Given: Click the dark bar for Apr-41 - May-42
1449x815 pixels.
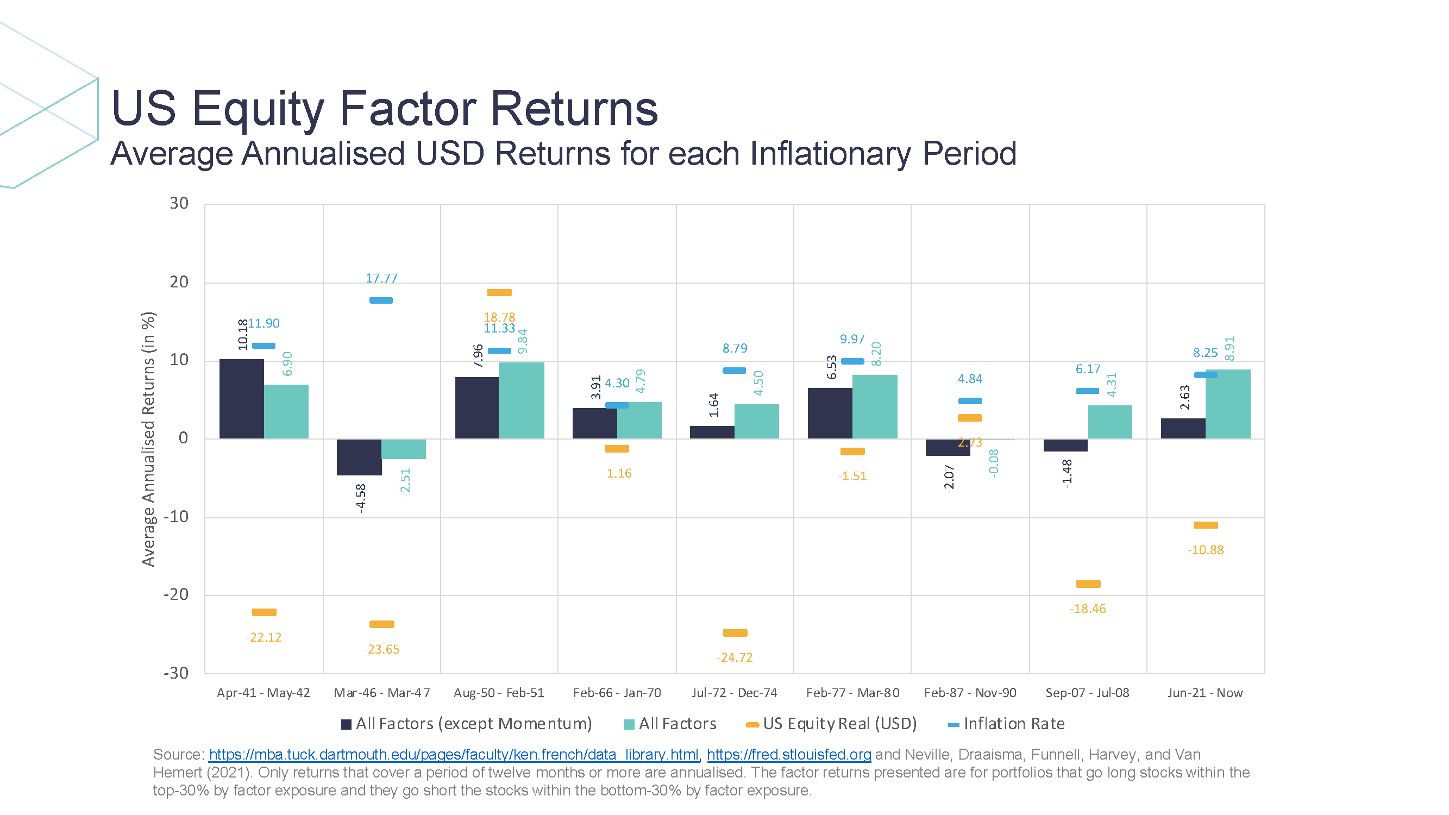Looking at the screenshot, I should pos(241,399).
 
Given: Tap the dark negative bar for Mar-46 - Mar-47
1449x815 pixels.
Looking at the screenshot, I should pos(359,457).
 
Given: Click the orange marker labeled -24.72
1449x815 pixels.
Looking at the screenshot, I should pos(735,633).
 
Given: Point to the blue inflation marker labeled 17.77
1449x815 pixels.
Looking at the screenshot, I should pos(381,300).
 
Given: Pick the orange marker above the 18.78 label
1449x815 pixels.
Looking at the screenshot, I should pos(499,292).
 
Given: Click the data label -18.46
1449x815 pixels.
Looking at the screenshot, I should pos(1087,609).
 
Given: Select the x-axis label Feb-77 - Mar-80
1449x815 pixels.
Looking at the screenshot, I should pos(852,692).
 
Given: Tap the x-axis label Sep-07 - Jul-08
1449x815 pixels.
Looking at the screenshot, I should pos(1087,692).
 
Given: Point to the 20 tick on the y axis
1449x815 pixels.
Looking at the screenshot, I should pos(179,282).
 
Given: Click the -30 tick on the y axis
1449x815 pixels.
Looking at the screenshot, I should pos(176,673).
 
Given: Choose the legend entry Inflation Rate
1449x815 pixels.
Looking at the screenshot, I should pos(1013,723).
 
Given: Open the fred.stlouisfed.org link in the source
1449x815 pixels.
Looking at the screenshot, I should pos(789,754).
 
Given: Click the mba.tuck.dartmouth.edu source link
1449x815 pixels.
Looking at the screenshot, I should pos(453,754).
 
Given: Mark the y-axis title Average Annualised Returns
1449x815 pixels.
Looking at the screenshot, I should pos(148,438).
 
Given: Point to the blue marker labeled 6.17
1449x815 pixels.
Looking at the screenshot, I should pos(1087,391).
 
